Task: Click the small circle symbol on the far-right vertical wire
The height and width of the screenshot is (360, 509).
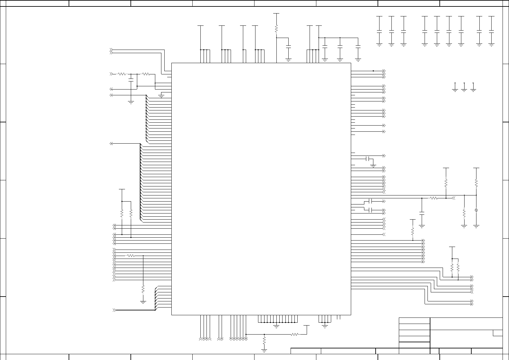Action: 476,210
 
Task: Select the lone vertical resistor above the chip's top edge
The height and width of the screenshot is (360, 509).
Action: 276,29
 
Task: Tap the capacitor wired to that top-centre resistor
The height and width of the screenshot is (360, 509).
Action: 289,46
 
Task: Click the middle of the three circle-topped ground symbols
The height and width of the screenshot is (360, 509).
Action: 464,87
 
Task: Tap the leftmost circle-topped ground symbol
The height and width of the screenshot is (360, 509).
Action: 455,87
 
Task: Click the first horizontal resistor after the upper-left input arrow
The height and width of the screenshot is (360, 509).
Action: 122,74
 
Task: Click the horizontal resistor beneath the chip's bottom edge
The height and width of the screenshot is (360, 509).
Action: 294,335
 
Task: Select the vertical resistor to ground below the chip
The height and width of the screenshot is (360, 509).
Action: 264,340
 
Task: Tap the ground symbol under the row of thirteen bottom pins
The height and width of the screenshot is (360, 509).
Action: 276,327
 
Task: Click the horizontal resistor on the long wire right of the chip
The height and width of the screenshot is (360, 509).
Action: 434,198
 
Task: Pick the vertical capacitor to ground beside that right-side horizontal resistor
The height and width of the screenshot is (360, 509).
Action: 422,213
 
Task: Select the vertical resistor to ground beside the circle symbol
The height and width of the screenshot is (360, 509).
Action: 464,213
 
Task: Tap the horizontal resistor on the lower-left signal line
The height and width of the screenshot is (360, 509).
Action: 130,256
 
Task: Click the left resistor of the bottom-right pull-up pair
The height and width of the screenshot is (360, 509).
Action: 452,268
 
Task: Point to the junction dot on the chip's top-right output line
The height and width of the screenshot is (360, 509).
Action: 373,71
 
